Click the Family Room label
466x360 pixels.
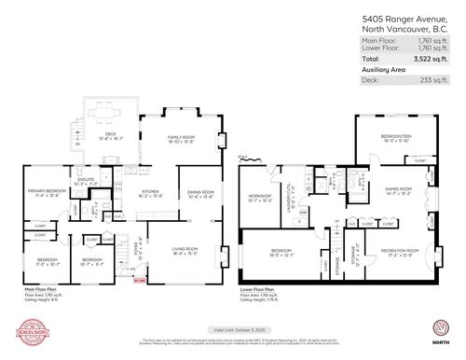179,140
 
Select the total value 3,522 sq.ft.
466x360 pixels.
423,59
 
